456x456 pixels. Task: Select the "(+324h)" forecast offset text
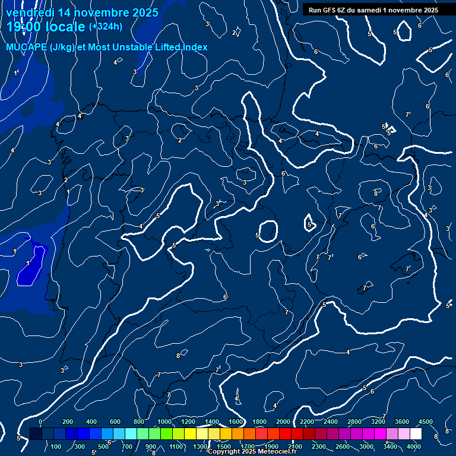point(105,27)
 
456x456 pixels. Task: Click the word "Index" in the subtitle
point(195,47)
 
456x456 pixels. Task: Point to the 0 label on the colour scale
point(40,422)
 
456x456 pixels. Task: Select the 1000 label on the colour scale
point(164,422)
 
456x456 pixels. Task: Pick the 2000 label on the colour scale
point(283,422)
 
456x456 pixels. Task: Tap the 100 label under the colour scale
point(56,446)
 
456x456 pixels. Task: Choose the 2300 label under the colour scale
point(318,446)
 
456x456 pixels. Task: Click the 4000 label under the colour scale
point(414,446)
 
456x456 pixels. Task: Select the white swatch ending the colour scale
point(416,434)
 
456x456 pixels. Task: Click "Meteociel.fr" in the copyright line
point(278,452)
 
